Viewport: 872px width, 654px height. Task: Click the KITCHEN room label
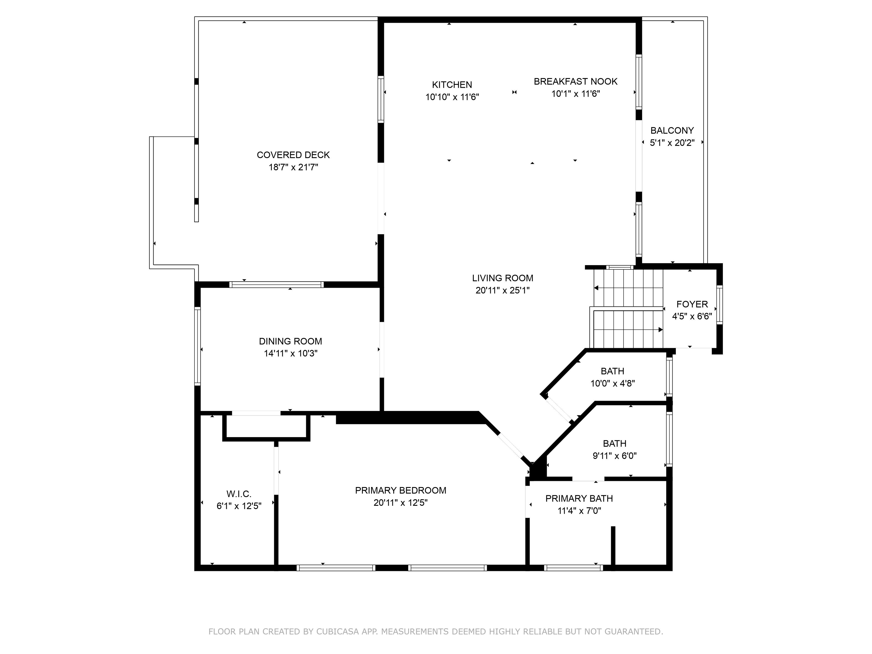click(452, 85)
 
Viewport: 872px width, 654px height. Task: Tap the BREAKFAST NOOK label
click(576, 81)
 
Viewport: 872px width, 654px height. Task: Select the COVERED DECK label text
click(293, 155)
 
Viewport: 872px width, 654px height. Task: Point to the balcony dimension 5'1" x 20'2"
click(672, 143)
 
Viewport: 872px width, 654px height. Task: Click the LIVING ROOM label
click(503, 278)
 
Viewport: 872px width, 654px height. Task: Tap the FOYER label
click(692, 304)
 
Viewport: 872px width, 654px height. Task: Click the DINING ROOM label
click(291, 341)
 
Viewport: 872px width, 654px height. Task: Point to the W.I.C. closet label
click(239, 494)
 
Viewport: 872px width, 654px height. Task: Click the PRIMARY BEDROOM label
click(401, 491)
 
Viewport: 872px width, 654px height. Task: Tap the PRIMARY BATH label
click(579, 499)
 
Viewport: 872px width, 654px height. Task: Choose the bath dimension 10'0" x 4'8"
click(613, 383)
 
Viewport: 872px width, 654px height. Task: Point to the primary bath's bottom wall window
click(574, 568)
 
